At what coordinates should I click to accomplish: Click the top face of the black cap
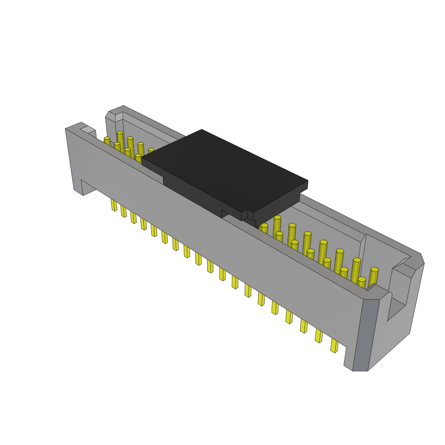click(224, 169)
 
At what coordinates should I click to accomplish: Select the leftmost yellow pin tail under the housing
click(114, 205)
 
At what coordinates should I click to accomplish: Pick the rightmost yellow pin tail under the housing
click(334, 345)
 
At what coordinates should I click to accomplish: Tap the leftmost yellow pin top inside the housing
click(107, 141)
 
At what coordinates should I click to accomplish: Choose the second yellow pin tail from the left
click(124, 211)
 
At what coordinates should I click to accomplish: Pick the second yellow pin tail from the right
click(319, 335)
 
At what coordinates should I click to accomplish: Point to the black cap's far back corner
click(202, 130)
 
